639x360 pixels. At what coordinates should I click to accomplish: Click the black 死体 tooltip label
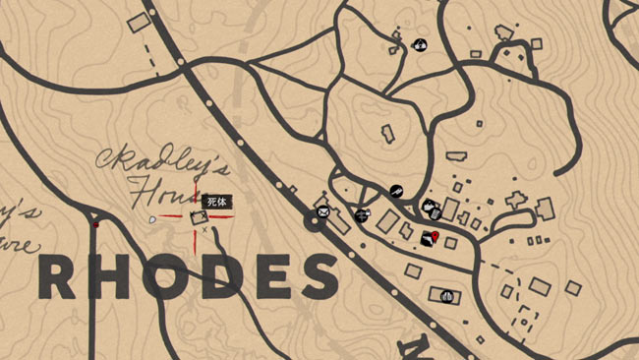pyautogui.click(x=216, y=202)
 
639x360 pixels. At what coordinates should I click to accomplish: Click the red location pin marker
pyautogui.click(x=434, y=237)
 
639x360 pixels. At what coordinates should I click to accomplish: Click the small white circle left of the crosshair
pyautogui.click(x=152, y=219)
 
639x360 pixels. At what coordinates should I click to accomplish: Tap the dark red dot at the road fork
pyautogui.click(x=95, y=225)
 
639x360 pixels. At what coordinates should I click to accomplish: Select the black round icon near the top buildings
pyautogui.click(x=420, y=43)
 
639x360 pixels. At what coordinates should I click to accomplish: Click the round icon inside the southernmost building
pyautogui.click(x=446, y=293)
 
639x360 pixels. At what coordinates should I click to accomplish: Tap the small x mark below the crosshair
pyautogui.click(x=203, y=231)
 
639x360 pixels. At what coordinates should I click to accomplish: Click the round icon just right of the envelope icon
pyautogui.click(x=362, y=214)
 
